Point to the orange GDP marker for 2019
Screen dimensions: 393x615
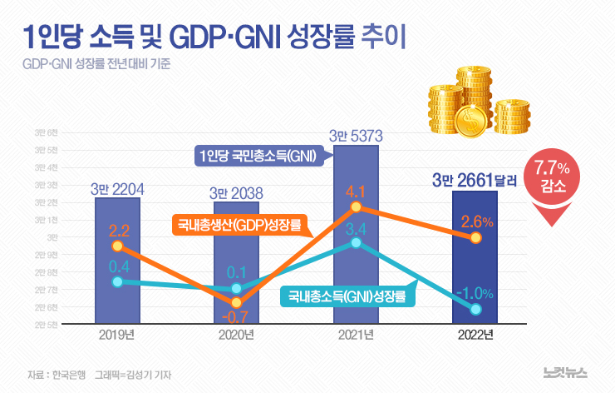pyautogui.click(x=117, y=246)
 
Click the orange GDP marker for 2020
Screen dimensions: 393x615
pyautogui.click(x=236, y=302)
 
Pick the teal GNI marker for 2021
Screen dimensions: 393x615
pyautogui.click(x=356, y=242)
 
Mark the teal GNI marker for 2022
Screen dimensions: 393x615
pyautogui.click(x=475, y=309)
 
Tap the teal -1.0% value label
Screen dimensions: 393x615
pyautogui.click(x=475, y=292)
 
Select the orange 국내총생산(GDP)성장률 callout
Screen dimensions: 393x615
pyautogui.click(x=239, y=225)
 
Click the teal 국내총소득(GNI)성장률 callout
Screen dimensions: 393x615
pyautogui.click(x=347, y=296)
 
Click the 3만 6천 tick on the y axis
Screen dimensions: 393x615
pyautogui.click(x=46, y=133)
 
